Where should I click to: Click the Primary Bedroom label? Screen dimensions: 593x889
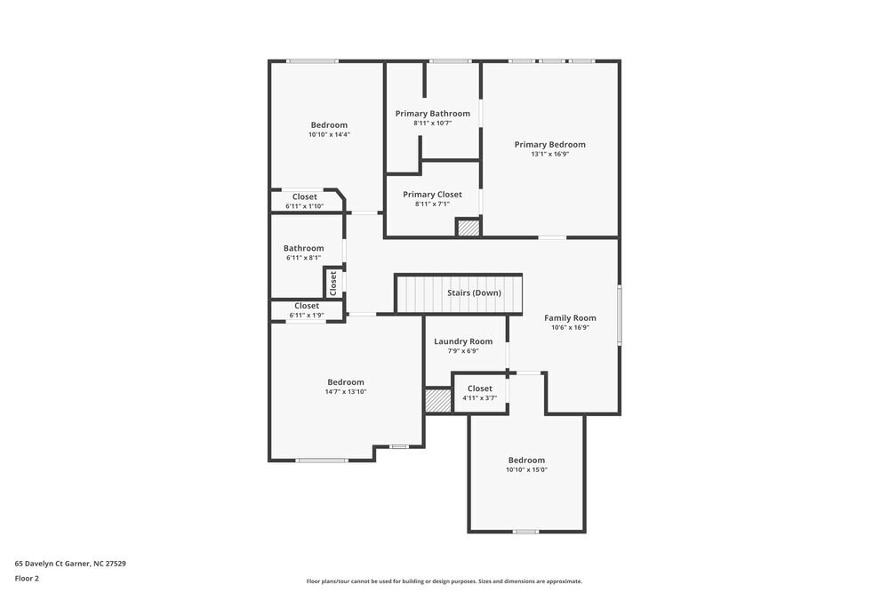pyautogui.click(x=549, y=144)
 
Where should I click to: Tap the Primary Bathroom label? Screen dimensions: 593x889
pyautogui.click(x=433, y=113)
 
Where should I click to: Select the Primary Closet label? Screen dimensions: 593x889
pyautogui.click(x=432, y=194)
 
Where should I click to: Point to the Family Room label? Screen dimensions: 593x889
pyautogui.click(x=570, y=317)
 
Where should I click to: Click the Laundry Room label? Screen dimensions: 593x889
pyautogui.click(x=463, y=341)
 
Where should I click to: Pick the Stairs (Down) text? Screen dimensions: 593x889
pyautogui.click(x=474, y=292)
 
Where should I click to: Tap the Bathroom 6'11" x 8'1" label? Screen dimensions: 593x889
pyautogui.click(x=304, y=248)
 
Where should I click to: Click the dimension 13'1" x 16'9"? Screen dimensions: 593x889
pyautogui.click(x=549, y=154)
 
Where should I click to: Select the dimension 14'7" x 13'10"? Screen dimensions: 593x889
pyautogui.click(x=345, y=391)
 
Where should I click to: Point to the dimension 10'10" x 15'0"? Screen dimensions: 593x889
pyautogui.click(x=526, y=469)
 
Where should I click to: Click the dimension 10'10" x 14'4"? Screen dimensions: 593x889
pyautogui.click(x=329, y=134)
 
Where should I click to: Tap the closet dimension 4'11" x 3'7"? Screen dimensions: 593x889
pyautogui.click(x=479, y=397)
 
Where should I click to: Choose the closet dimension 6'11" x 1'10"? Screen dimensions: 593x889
pyautogui.click(x=305, y=206)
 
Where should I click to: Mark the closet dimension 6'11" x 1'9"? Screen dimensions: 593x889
pyautogui.click(x=307, y=315)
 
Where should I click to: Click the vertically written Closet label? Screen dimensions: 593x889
pyautogui.click(x=333, y=283)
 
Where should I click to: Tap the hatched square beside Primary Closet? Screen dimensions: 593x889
pyautogui.click(x=469, y=228)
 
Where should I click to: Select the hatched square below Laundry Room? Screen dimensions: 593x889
pyautogui.click(x=437, y=400)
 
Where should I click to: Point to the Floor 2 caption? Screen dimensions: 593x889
pyautogui.click(x=27, y=578)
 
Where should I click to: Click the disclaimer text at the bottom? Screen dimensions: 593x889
pyautogui.click(x=444, y=581)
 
